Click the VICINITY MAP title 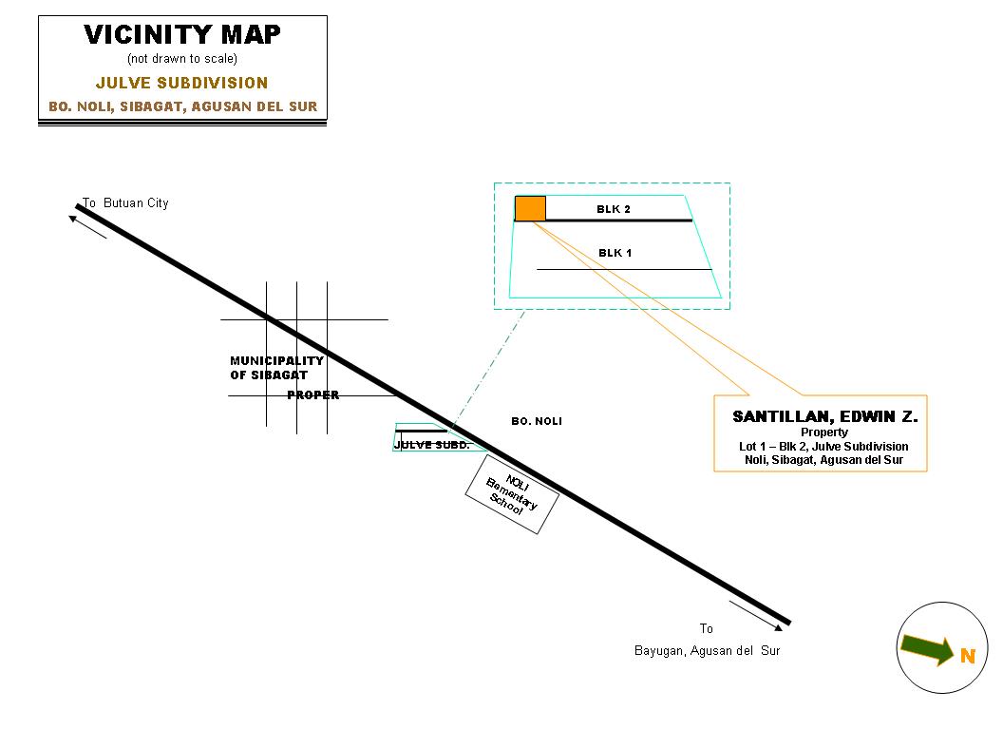click(182, 35)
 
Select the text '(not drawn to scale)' click(182, 59)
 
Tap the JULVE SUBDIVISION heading click(182, 83)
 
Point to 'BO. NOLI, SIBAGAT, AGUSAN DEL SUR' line click(182, 106)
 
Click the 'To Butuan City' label click(125, 203)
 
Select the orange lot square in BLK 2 click(530, 208)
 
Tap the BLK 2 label click(614, 209)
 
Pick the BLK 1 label click(615, 253)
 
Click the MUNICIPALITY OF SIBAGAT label click(276, 368)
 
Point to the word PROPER click(312, 395)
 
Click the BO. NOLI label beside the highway click(537, 421)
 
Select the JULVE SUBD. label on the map click(431, 445)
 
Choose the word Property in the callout click(823, 432)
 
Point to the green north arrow click(927, 648)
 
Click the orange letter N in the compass click(967, 656)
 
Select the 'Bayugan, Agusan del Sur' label click(707, 651)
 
